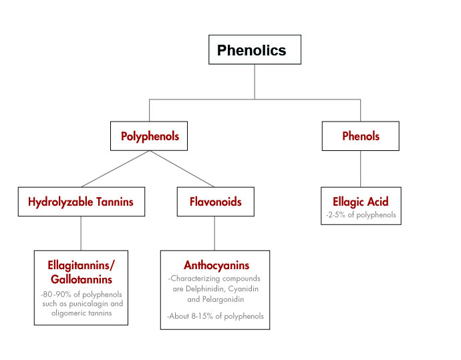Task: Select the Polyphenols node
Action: [x=150, y=136]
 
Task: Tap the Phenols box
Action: [x=360, y=136]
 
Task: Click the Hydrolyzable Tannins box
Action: [x=81, y=202]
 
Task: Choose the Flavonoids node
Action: [x=214, y=202]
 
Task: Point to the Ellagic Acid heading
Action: [x=360, y=201]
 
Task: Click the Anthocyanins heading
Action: [x=215, y=265]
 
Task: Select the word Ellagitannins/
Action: [x=81, y=265]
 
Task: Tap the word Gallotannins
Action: [x=81, y=279]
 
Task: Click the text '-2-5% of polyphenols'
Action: [x=360, y=214]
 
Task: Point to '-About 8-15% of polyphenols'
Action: [x=215, y=316]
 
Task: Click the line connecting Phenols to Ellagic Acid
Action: [x=360, y=169]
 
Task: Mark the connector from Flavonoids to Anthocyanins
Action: [x=214, y=233]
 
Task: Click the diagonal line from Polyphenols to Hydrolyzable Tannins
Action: [x=115, y=169]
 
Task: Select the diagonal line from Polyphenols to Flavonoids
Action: [x=182, y=169]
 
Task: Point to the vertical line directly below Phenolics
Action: [x=255, y=81]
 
